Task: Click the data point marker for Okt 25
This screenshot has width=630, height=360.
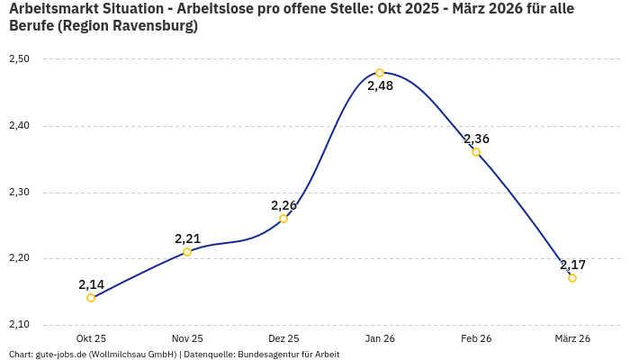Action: (x=91, y=298)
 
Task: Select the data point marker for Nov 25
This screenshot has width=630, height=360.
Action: (x=187, y=252)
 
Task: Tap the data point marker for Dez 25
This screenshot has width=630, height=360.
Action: (x=283, y=219)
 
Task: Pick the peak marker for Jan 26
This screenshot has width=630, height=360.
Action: (x=380, y=73)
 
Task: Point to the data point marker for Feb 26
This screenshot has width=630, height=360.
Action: (x=476, y=152)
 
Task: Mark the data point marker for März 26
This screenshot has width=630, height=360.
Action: (x=572, y=278)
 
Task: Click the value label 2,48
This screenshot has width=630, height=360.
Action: (x=380, y=86)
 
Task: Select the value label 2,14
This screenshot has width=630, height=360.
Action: (x=91, y=284)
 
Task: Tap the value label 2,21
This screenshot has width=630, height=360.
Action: (x=187, y=238)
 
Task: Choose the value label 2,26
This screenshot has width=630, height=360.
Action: (x=283, y=205)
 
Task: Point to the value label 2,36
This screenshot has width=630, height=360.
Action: (x=476, y=139)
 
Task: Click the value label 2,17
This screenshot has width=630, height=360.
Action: (x=572, y=265)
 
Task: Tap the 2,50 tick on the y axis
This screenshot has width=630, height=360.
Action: (x=20, y=59)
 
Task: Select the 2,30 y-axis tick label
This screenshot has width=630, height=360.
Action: (x=20, y=193)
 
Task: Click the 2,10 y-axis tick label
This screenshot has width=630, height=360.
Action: (x=20, y=325)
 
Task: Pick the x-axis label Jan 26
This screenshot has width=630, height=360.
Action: (x=380, y=338)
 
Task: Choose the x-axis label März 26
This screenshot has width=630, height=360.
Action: (x=572, y=338)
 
